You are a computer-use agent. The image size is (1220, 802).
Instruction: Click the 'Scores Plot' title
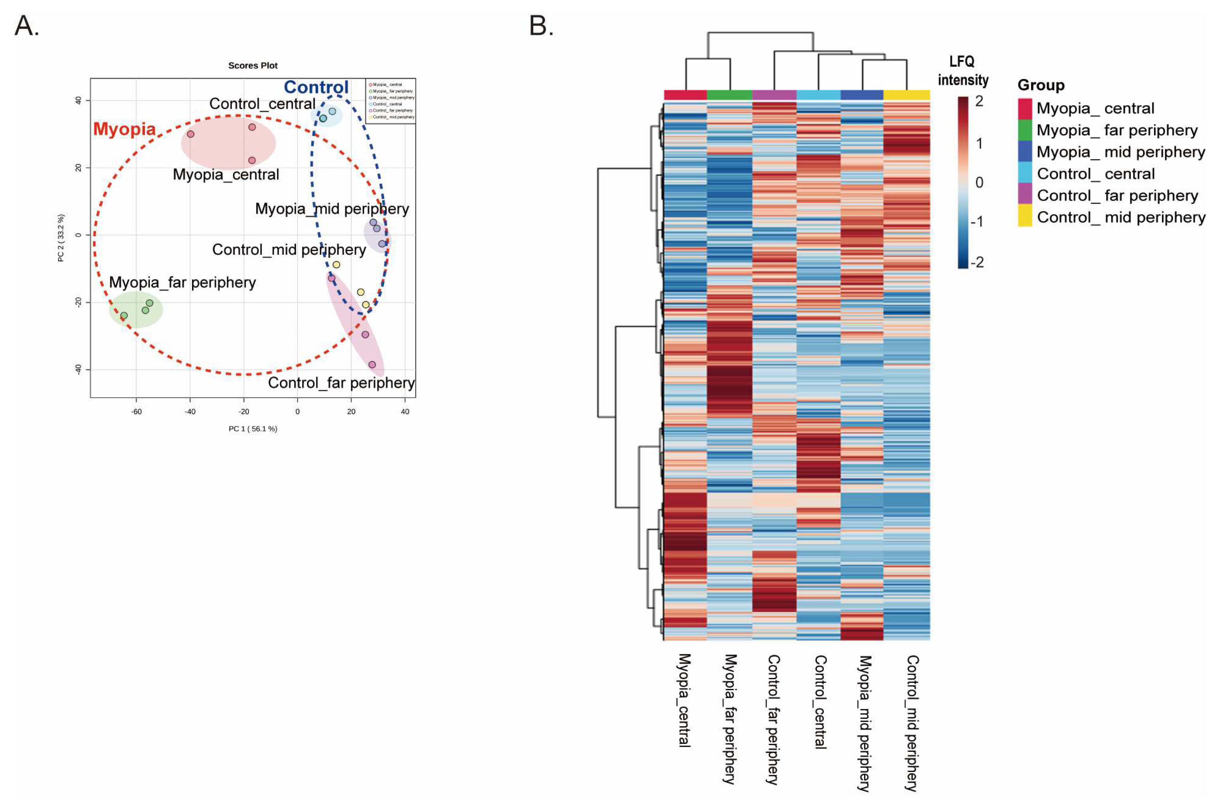253,66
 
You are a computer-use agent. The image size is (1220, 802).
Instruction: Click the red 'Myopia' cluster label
124,129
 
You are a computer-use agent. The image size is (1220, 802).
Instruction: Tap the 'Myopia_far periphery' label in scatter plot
182,282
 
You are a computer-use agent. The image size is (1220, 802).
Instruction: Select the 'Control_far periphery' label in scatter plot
341,383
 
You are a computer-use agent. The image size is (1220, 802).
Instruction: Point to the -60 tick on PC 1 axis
136,412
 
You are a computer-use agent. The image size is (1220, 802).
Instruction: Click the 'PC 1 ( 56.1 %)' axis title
253,429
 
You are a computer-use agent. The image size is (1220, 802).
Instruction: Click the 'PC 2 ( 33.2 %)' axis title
61,238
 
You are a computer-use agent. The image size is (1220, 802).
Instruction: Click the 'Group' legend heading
1041,85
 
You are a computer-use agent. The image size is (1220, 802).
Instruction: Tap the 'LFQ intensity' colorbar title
962,71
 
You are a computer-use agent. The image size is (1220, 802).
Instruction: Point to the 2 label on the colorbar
979,101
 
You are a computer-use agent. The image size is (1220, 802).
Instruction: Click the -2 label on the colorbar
977,262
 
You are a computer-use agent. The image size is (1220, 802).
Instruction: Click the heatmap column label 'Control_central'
820,702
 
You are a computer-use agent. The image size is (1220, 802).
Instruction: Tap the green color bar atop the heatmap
729,95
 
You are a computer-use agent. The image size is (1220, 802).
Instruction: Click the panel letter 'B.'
541,26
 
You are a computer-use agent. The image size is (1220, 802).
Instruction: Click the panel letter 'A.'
26,26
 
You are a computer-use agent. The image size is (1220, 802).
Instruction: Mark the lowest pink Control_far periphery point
372,365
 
